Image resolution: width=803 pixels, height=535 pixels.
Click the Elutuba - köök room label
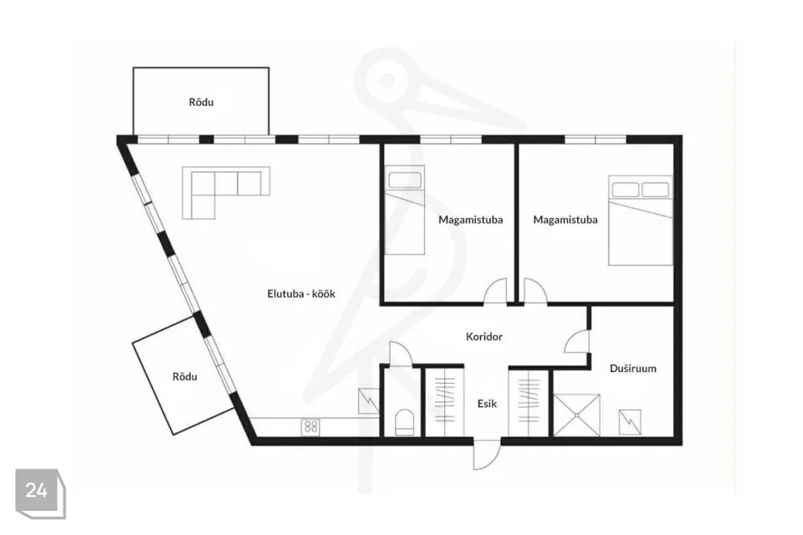click(301, 294)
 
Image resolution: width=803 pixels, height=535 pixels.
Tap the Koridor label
click(484, 337)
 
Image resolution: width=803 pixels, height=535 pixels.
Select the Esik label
click(487, 404)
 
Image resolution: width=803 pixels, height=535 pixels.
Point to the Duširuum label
click(633, 369)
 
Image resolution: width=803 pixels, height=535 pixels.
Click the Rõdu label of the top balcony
click(202, 102)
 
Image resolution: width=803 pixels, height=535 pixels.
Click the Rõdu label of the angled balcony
click(185, 377)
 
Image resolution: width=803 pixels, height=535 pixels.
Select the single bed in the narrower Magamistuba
click(405, 210)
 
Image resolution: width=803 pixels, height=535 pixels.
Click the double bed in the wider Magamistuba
click(640, 221)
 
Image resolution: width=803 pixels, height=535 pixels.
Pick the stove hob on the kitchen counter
click(310, 426)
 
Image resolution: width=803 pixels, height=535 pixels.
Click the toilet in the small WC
click(405, 422)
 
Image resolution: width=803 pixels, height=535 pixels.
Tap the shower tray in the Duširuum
click(576, 415)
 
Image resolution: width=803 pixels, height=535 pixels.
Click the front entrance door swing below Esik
click(486, 455)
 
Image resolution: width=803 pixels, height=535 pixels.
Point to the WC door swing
click(400, 354)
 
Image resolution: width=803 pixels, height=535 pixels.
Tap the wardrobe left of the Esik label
click(444, 401)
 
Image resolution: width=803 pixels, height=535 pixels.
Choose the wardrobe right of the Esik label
click(529, 401)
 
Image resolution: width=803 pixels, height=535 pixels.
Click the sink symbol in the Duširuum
click(629, 422)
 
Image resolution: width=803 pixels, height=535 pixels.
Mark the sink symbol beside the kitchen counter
click(368, 401)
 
